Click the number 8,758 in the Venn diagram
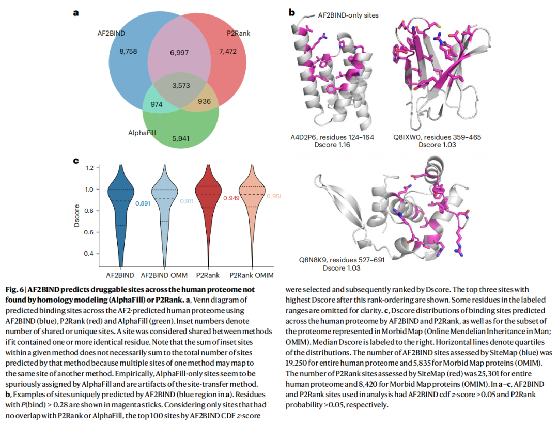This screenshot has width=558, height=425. pyautogui.click(x=127, y=52)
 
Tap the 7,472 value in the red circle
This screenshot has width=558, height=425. pyautogui.click(x=228, y=52)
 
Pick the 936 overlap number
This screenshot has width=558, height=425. pyautogui.click(x=204, y=101)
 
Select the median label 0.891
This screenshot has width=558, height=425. pyautogui.click(x=143, y=203)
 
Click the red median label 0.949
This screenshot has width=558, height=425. pyautogui.click(x=231, y=198)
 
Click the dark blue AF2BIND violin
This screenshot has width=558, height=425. pyautogui.click(x=120, y=212)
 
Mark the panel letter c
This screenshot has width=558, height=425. pyautogui.click(x=76, y=161)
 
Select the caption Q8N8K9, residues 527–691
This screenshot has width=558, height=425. pyautogui.click(x=342, y=260)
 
